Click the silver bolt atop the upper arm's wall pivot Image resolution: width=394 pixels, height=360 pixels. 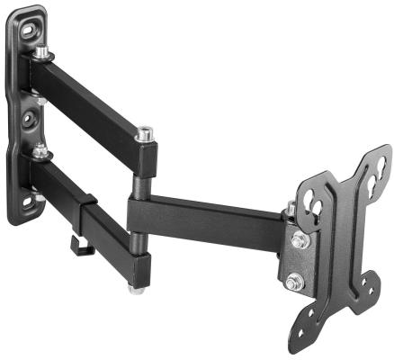pyautogui.click(x=42, y=54)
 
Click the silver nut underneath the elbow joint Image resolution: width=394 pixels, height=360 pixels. pyautogui.click(x=135, y=290)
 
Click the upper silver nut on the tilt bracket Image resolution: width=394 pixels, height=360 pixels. pyautogui.click(x=300, y=241)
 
